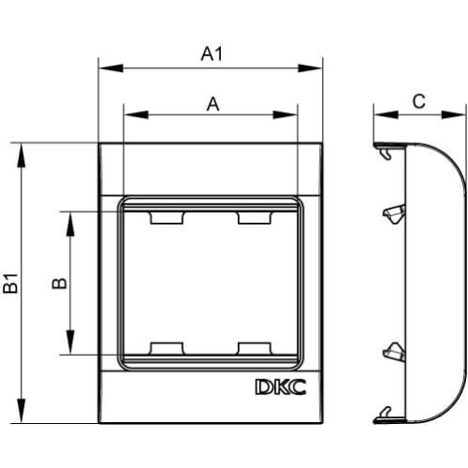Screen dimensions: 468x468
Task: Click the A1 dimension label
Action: tap(212, 53)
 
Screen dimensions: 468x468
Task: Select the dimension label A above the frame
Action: tap(212, 104)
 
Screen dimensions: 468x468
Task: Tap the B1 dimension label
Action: tap(11, 284)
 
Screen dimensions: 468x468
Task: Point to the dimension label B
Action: tap(60, 283)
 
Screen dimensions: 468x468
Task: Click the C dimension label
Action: tap(418, 101)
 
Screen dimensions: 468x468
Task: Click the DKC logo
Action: tap(281, 388)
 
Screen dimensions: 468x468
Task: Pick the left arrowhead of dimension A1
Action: tap(110, 67)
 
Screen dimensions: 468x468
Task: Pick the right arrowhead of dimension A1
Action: tap(310, 67)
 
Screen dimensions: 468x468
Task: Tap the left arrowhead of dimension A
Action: tap(136, 114)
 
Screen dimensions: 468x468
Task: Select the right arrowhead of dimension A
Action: tap(285, 114)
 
